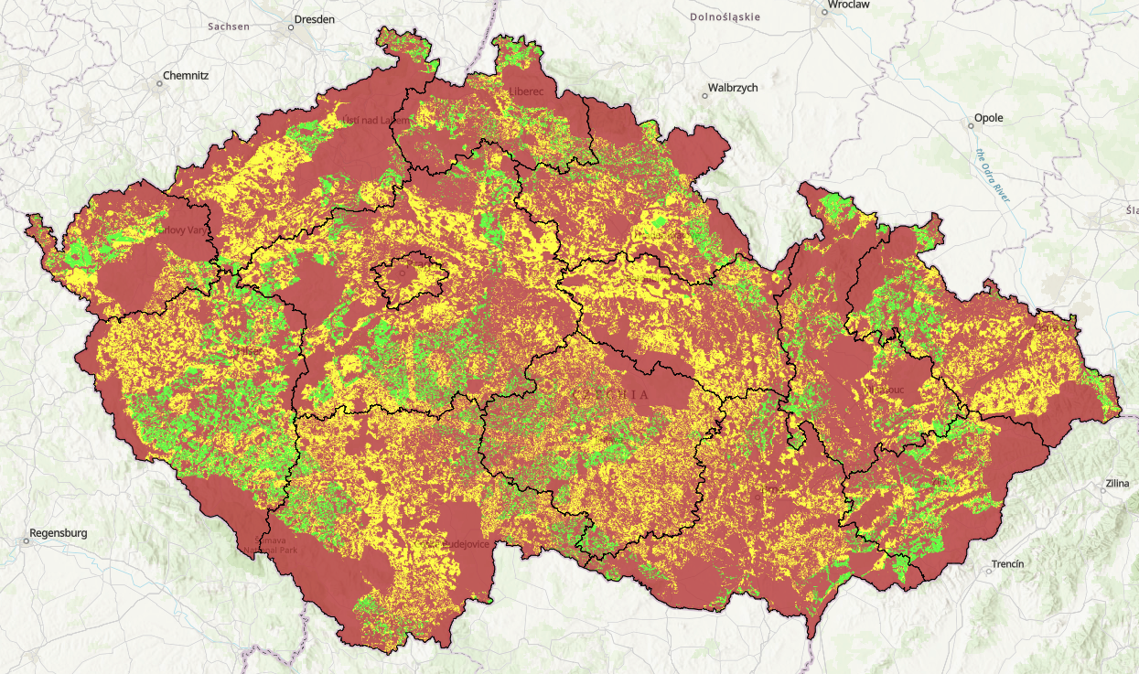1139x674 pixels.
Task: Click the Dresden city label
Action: tap(315, 18)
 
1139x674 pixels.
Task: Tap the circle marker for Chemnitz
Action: tap(159, 83)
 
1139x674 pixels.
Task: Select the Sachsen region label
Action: tap(229, 27)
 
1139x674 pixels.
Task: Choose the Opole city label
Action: tap(989, 118)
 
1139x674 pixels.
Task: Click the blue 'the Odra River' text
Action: tap(993, 174)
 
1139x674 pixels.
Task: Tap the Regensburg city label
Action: tap(59, 532)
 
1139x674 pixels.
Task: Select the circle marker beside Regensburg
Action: tap(27, 540)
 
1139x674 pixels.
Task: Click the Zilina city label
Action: tap(1116, 482)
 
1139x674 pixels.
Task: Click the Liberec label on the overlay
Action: tap(526, 91)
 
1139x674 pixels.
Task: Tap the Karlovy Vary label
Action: tap(186, 230)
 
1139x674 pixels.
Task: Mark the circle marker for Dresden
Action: tap(291, 27)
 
